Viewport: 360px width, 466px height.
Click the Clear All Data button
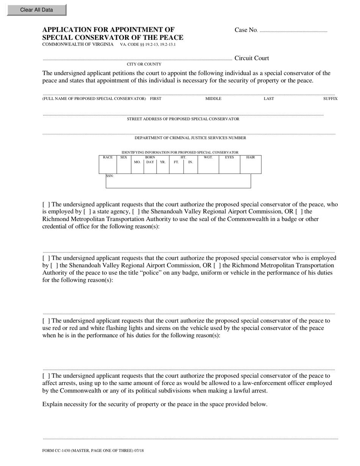pos(36,10)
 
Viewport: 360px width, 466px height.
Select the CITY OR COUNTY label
pos(144,64)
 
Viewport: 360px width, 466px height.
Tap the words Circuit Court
pos(252,58)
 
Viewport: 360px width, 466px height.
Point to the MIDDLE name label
pos(213,99)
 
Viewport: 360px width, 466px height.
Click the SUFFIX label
pos(330,99)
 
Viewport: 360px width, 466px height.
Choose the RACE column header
pos(108,157)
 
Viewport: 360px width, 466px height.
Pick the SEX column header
pos(124,157)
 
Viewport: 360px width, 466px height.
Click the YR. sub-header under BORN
pos(163,162)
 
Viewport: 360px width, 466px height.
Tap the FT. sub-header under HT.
pos(176,162)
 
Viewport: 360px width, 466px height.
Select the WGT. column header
pos(208,157)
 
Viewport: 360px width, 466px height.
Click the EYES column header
pos(229,157)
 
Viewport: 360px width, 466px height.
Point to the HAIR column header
pos(250,157)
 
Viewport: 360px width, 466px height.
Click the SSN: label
pos(110,176)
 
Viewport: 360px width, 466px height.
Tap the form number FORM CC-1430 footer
pos(93,451)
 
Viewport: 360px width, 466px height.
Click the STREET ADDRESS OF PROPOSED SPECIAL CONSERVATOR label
pos(183,119)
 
